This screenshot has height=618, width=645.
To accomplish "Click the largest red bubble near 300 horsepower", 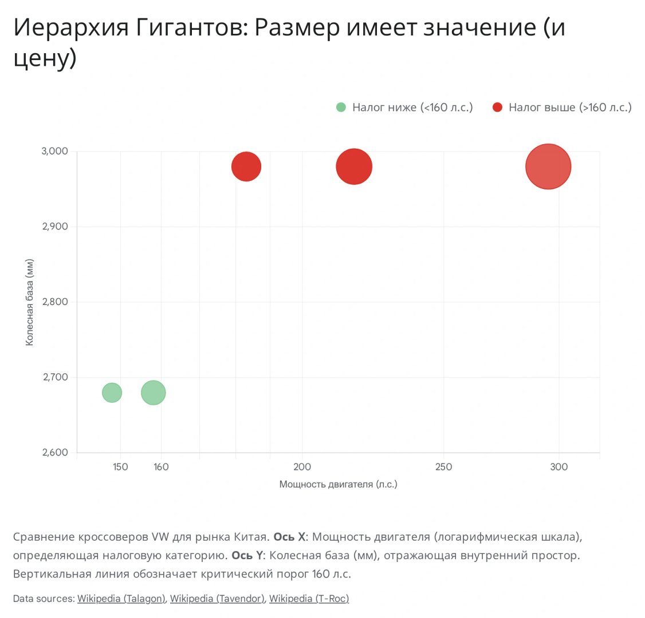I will coord(548,167).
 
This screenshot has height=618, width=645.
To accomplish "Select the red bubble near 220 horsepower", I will coord(354,167).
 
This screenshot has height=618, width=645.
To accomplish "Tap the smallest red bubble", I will coord(246,167).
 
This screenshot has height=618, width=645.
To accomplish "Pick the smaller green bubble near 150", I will coord(112,393).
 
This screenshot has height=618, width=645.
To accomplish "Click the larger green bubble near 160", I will coord(153,393).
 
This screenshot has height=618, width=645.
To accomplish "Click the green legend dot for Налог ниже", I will coord(341,107).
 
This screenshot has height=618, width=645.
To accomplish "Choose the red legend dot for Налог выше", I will coord(497,107).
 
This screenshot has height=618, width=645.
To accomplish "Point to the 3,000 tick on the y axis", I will coord(55,151).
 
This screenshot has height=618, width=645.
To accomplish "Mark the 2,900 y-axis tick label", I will coord(55,227).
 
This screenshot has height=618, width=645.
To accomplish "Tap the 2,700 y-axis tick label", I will coord(55,377).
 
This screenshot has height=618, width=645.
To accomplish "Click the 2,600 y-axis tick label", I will coord(55,453).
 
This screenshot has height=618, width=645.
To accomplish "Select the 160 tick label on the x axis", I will coord(161,467).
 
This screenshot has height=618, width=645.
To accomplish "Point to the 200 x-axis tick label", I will coord(302,467).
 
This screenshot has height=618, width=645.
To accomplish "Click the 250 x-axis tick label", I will coord(443,467).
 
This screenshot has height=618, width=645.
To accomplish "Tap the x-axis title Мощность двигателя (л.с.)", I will coord(338,485).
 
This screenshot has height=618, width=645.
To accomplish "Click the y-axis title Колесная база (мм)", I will coord(30,302).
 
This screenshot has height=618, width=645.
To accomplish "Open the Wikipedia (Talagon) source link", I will coord(121,599).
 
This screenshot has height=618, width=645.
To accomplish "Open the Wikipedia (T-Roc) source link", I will coord(309,599).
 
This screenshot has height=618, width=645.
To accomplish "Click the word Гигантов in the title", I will coord(192,27).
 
